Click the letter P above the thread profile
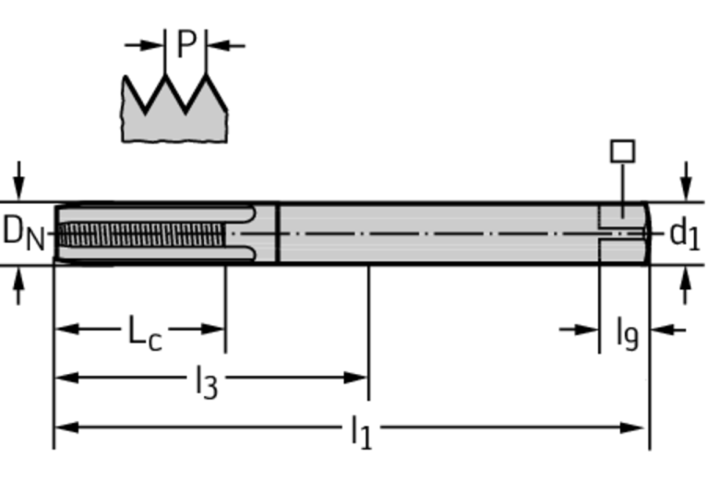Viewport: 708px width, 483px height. (x=187, y=43)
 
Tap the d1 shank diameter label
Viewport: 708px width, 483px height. (x=684, y=234)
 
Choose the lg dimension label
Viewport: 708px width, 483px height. (x=627, y=332)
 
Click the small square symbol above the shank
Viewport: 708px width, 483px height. (x=624, y=150)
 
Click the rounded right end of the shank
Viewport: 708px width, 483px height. (x=646, y=233)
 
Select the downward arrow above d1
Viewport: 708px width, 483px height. (x=685, y=179)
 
